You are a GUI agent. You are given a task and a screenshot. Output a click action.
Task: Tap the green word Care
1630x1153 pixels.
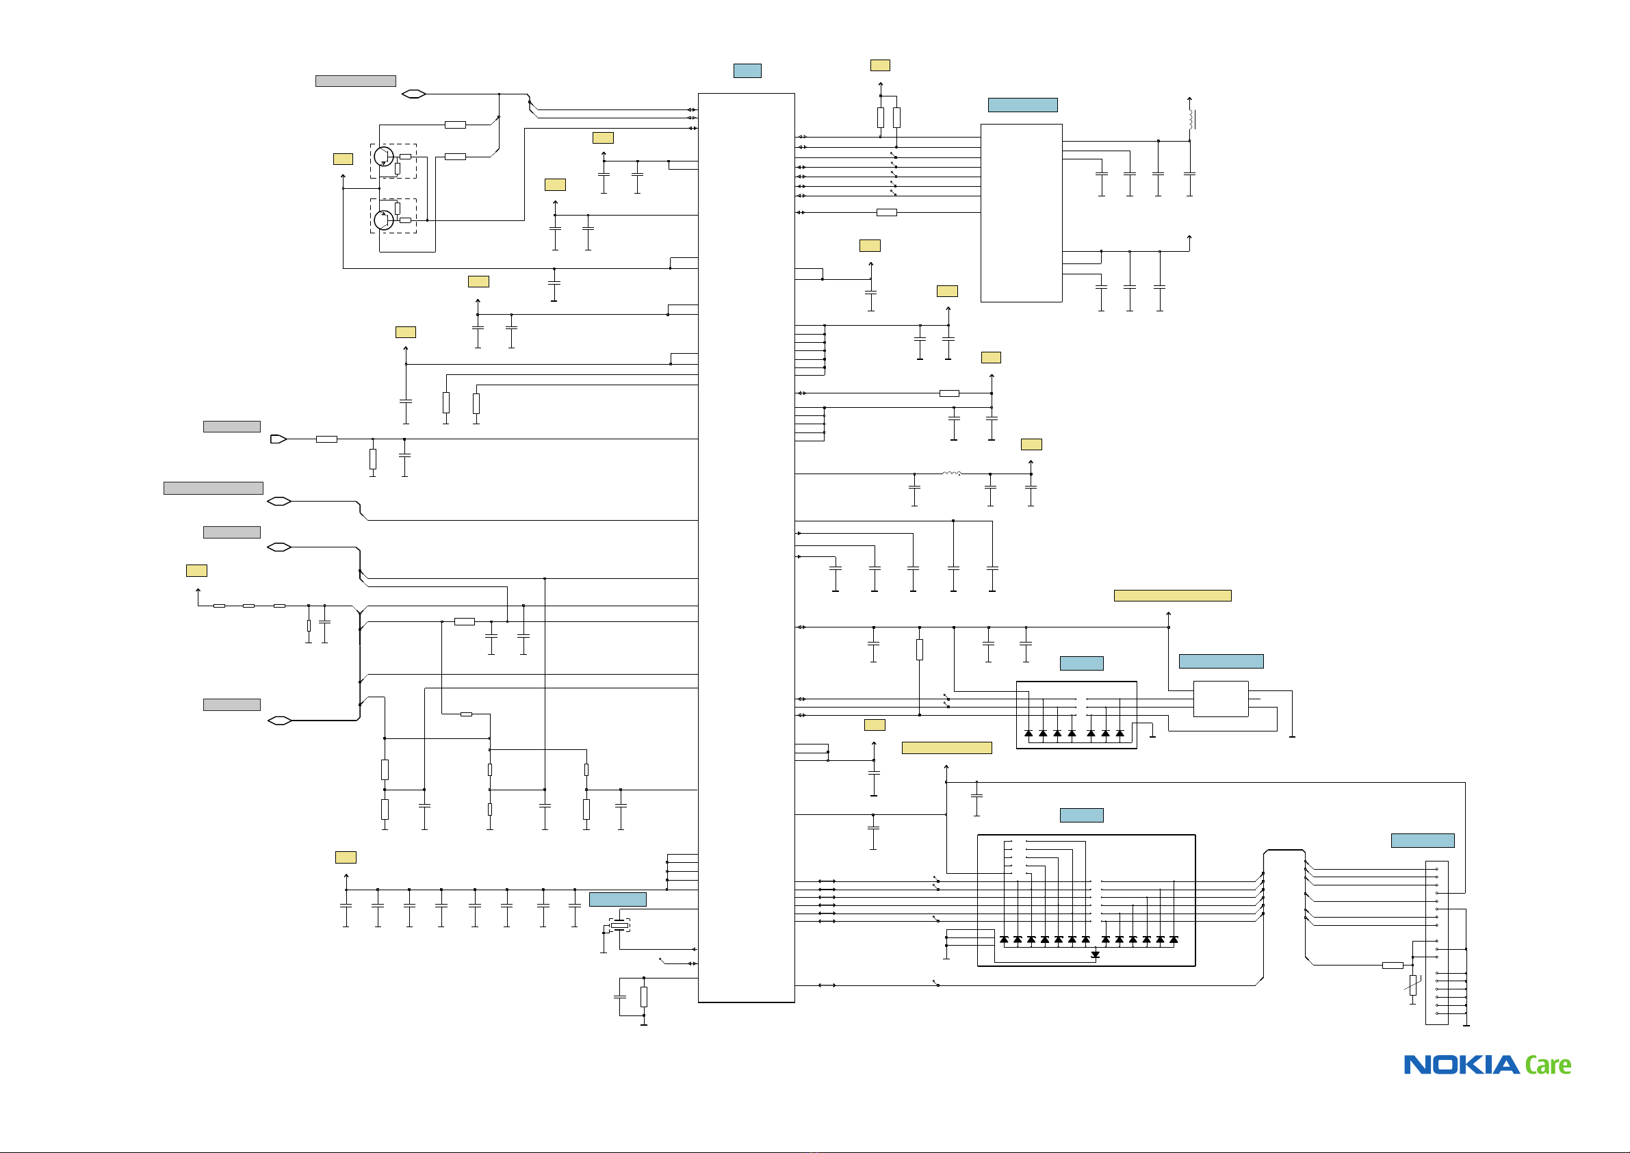[1548, 1065]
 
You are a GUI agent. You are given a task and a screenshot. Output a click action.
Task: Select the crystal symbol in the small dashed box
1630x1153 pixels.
[620, 925]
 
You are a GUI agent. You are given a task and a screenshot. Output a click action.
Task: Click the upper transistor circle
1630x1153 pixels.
[383, 156]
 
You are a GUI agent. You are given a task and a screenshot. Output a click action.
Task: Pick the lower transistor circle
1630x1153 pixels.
[383, 220]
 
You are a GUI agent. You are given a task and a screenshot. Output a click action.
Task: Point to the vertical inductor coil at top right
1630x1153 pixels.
[1191, 119]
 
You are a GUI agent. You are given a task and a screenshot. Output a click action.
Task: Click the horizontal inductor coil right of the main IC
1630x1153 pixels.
[952, 473]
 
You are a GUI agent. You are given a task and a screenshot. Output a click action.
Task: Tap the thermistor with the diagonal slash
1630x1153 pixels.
[1413, 985]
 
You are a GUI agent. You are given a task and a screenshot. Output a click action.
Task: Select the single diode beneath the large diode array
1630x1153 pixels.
[1095, 955]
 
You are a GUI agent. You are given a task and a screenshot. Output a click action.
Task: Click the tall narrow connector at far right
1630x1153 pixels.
[1437, 943]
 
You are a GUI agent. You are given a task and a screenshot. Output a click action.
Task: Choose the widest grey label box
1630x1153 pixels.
[214, 489]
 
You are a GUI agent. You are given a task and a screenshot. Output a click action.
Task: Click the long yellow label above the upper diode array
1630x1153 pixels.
[1172, 596]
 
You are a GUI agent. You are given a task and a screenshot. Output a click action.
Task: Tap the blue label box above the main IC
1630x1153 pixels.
[747, 70]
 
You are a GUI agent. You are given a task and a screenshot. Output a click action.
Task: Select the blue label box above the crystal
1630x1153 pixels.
[618, 900]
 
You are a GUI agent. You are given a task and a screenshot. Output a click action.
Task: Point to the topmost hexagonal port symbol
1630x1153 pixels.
[413, 94]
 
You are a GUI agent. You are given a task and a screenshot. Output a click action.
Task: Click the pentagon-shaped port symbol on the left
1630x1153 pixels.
[279, 439]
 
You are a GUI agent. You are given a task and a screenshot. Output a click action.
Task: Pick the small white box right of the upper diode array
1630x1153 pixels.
[1220, 699]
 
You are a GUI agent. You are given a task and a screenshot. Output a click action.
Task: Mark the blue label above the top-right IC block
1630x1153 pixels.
[1022, 105]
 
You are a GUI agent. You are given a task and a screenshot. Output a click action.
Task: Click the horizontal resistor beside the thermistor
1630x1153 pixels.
[1393, 966]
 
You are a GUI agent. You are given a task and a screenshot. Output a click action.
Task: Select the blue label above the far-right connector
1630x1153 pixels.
[1423, 840]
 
